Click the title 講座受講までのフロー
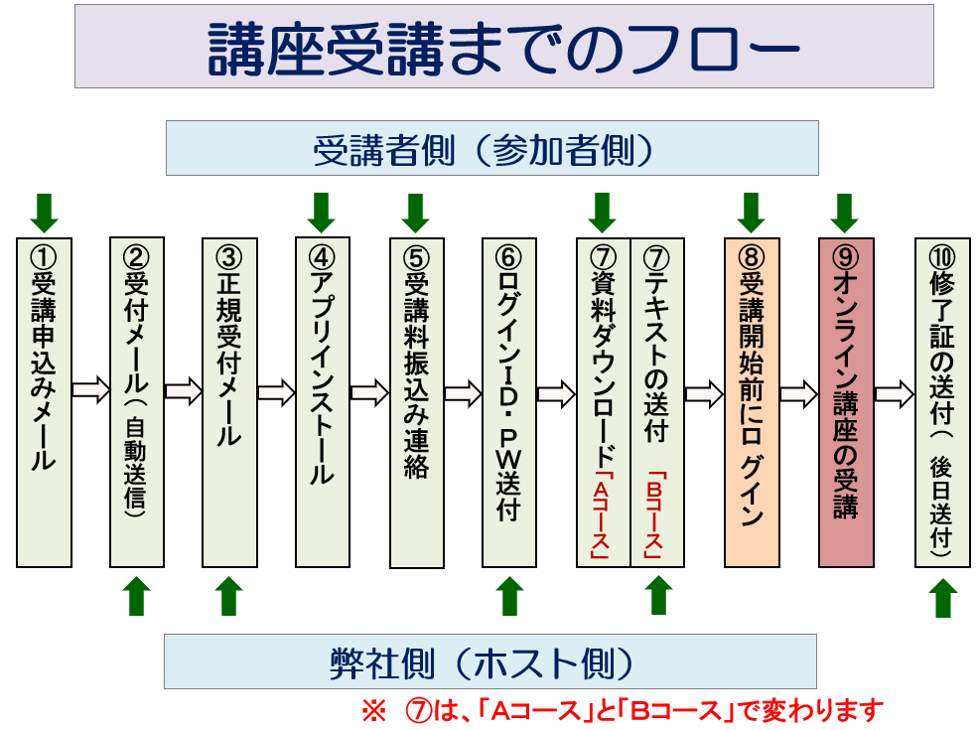[504, 49]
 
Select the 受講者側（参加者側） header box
[492, 148]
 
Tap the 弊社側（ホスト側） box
[490, 661]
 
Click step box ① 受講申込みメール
[44, 402]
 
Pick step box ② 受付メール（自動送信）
[137, 402]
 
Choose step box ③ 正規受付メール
[229, 402]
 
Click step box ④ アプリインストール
[323, 402]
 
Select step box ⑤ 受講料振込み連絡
[417, 403]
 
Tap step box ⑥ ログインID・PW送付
[509, 402]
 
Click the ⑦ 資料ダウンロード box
[603, 402]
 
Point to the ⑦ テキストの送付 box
[657, 402]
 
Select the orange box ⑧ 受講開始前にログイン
[752, 402]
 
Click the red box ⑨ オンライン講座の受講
[846, 402]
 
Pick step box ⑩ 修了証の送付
[942, 402]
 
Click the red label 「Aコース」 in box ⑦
[600, 515]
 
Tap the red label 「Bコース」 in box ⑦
[653, 515]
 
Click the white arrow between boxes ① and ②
[91, 390]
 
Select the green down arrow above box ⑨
[845, 213]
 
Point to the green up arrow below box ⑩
[943, 598]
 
